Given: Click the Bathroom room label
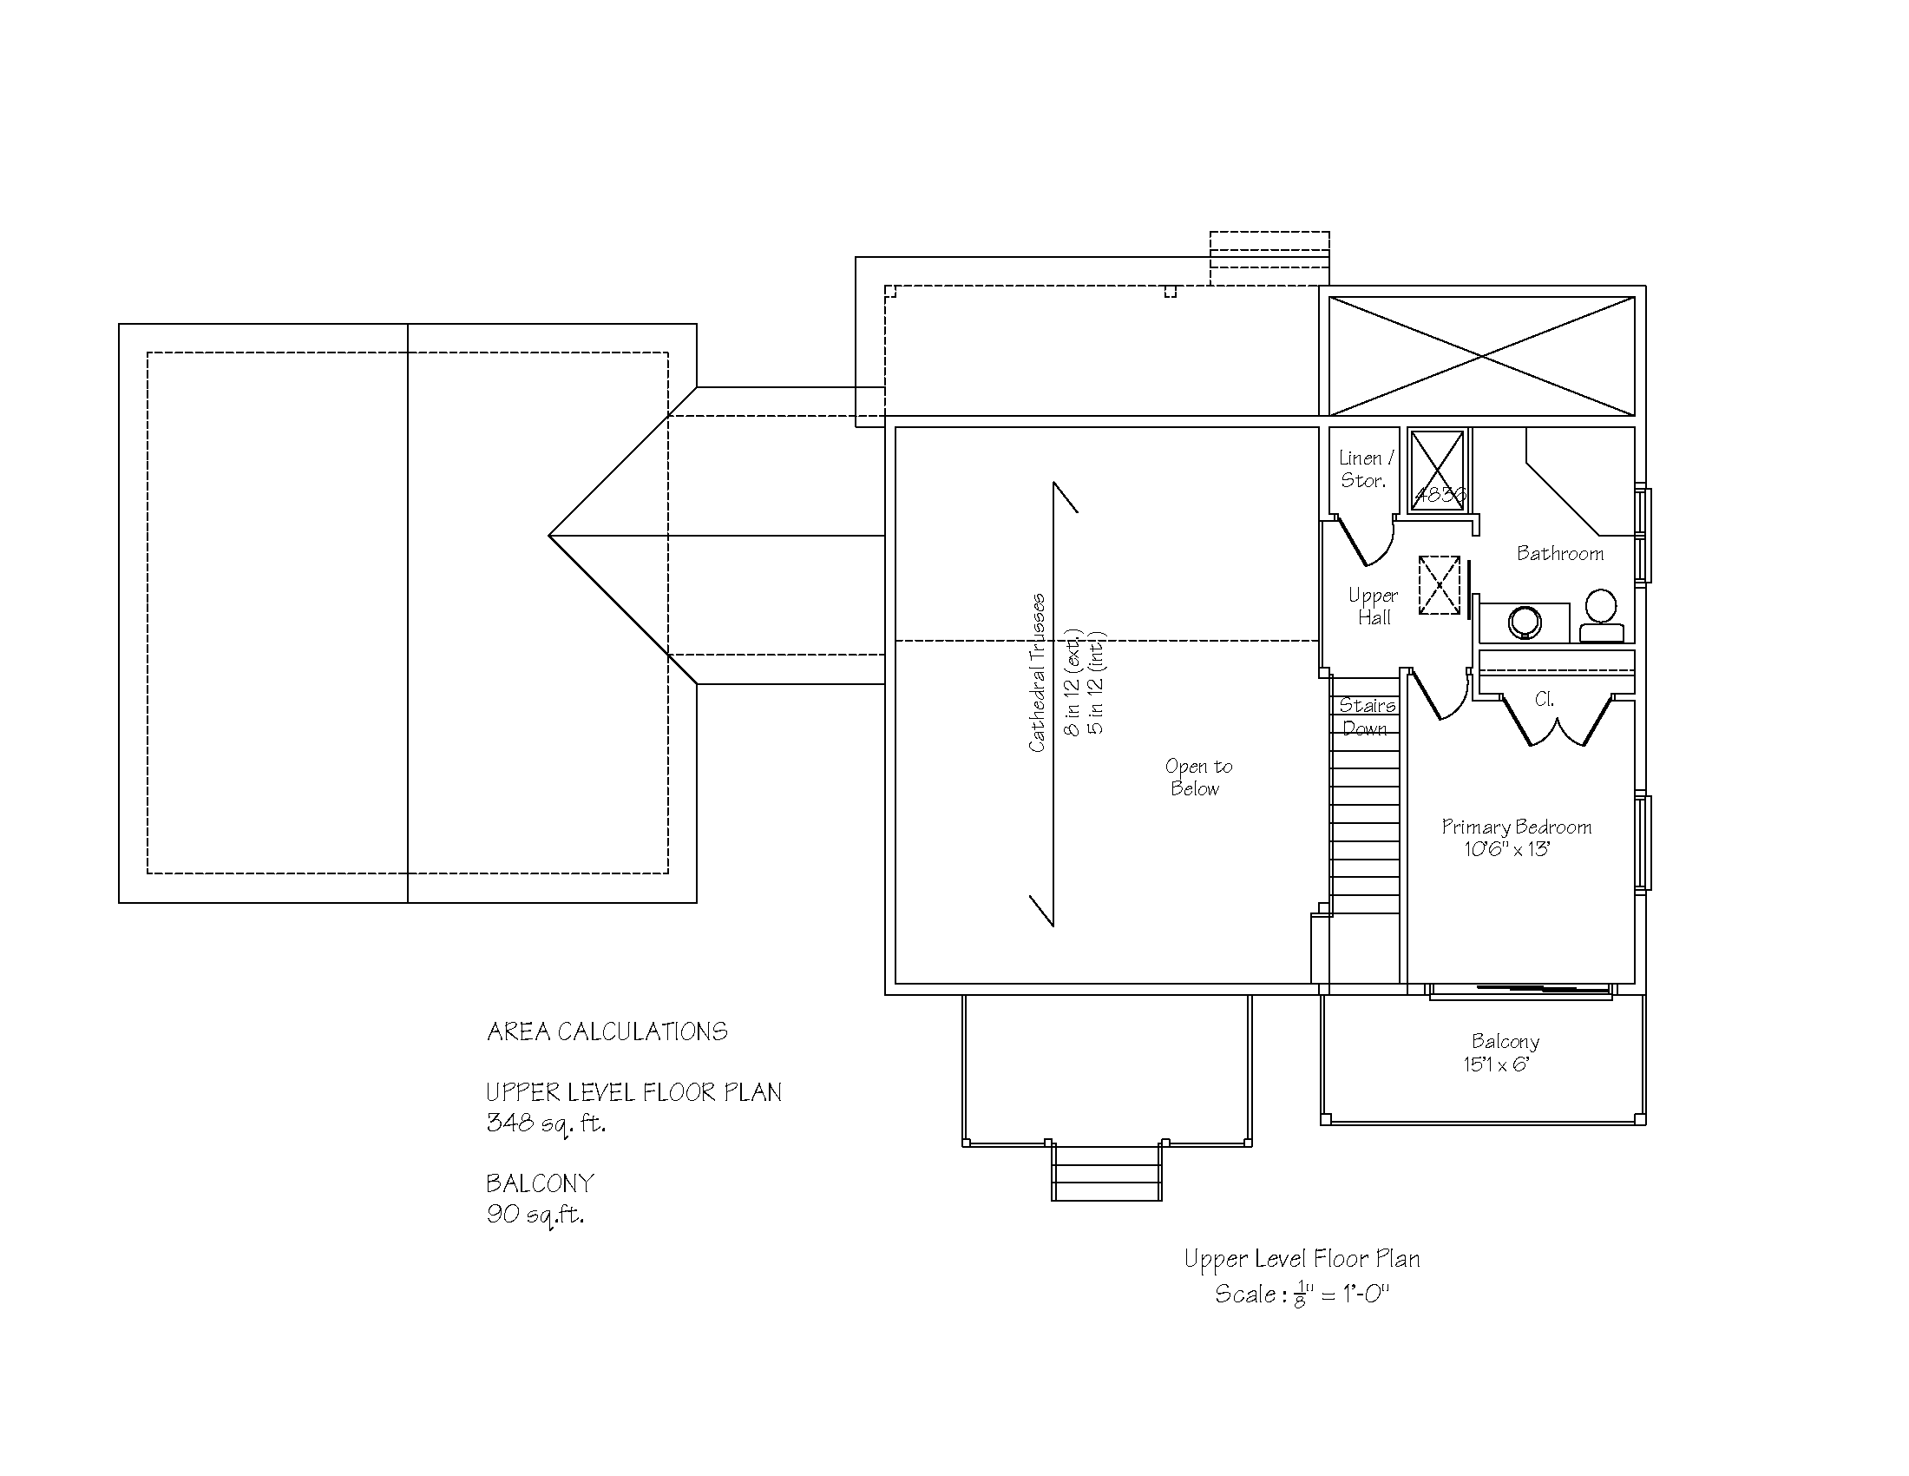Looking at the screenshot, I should coord(1559,554).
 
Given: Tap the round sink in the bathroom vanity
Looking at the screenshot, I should coord(1525,623).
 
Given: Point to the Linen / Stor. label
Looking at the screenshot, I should coord(1365,469).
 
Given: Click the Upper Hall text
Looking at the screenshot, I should coord(1374,606).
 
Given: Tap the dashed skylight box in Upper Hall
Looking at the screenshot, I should coord(1439,585).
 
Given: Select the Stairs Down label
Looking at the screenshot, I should coord(1366,716).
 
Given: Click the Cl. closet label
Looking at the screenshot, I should coord(1544,699).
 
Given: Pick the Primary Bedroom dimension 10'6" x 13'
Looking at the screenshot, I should coord(1507,849).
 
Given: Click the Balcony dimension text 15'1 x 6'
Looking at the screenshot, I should coord(1496,1064).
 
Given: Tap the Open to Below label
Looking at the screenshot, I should coord(1197,777).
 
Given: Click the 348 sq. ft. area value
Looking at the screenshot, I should coord(546,1123).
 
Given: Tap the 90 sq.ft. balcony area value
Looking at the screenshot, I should coord(535,1214).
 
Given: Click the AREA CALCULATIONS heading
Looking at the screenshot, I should coord(607,1031).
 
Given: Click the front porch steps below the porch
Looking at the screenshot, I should coord(1106,1174).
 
